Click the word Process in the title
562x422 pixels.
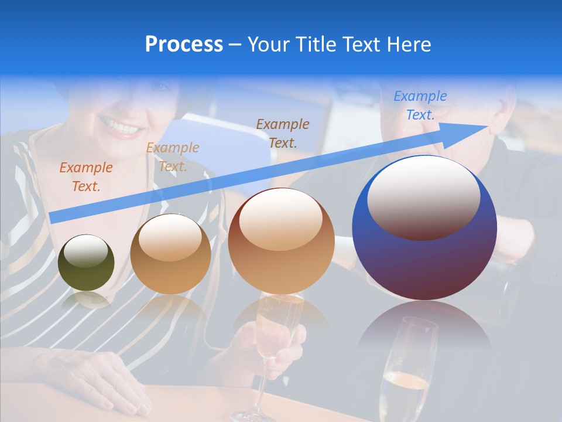(x=184, y=45)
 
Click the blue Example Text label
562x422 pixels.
(x=420, y=105)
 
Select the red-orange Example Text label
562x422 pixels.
(x=85, y=177)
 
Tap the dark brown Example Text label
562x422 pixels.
(x=283, y=133)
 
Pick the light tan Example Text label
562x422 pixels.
(x=173, y=157)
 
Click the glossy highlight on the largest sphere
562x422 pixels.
(x=423, y=196)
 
